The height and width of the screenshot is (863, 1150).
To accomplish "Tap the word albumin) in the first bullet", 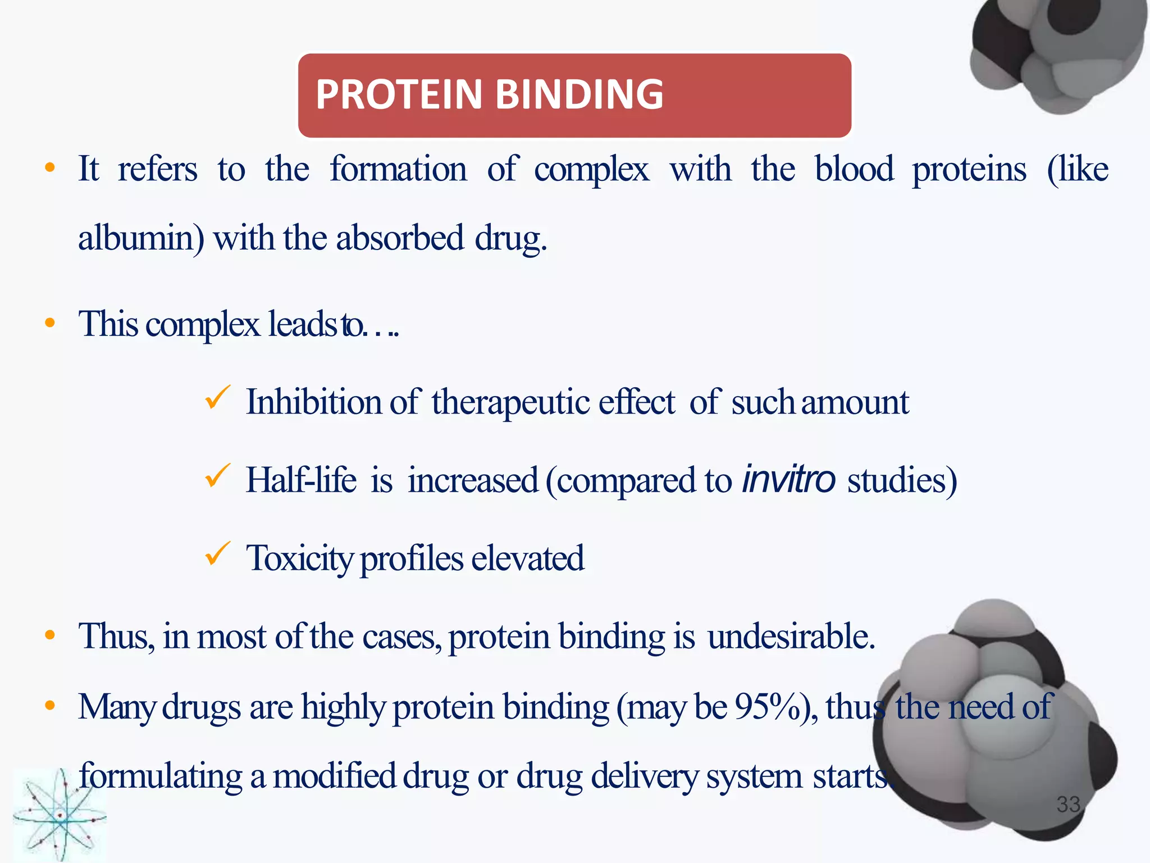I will coord(141,238).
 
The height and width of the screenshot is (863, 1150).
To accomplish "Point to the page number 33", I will coord(1068,805).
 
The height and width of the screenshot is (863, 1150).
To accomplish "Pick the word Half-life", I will coord(301,480).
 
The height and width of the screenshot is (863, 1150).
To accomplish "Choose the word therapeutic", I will coord(510,403).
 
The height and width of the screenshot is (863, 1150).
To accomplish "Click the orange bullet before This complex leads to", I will coord(50,323).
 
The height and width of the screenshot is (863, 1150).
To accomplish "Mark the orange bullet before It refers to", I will coord(50,167).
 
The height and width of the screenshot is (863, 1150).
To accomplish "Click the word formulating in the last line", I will coord(161,777).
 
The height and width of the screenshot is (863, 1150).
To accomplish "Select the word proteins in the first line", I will coord(969,170).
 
